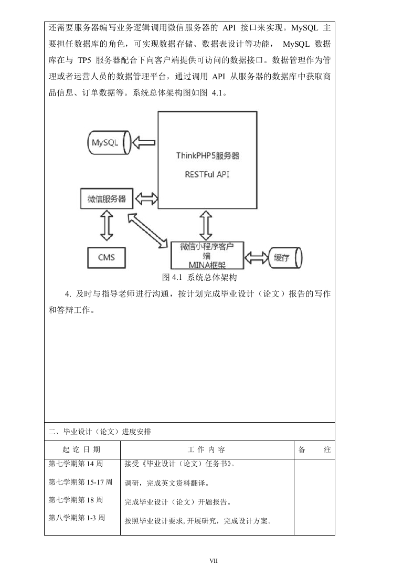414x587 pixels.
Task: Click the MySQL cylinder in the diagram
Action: coord(109,143)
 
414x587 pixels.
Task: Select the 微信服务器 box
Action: coord(107,198)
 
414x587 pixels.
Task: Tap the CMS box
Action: coord(106,258)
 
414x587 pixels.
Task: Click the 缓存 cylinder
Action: coord(285,258)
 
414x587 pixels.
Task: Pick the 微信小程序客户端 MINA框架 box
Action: coord(207,256)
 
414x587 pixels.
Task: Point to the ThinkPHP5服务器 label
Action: coord(208,156)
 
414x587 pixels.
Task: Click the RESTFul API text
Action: coord(207,174)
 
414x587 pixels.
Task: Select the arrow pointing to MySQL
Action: coord(144,143)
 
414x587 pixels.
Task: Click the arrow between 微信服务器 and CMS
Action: coord(107,225)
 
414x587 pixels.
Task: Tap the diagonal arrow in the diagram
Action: coord(147,230)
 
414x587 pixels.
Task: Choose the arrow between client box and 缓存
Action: coord(256,258)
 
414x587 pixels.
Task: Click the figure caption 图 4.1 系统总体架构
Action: coord(199,277)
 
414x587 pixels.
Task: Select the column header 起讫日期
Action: coord(81,449)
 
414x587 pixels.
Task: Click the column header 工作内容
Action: coord(206,449)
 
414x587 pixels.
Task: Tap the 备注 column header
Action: coord(314,449)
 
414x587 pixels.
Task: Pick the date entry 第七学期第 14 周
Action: coord(76,464)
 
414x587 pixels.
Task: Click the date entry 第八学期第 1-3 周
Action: coord(77,518)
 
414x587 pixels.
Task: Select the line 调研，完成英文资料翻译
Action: coord(167,483)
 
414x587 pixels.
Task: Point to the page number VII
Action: coord(214,561)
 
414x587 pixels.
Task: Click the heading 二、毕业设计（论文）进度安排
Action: coord(100,432)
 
